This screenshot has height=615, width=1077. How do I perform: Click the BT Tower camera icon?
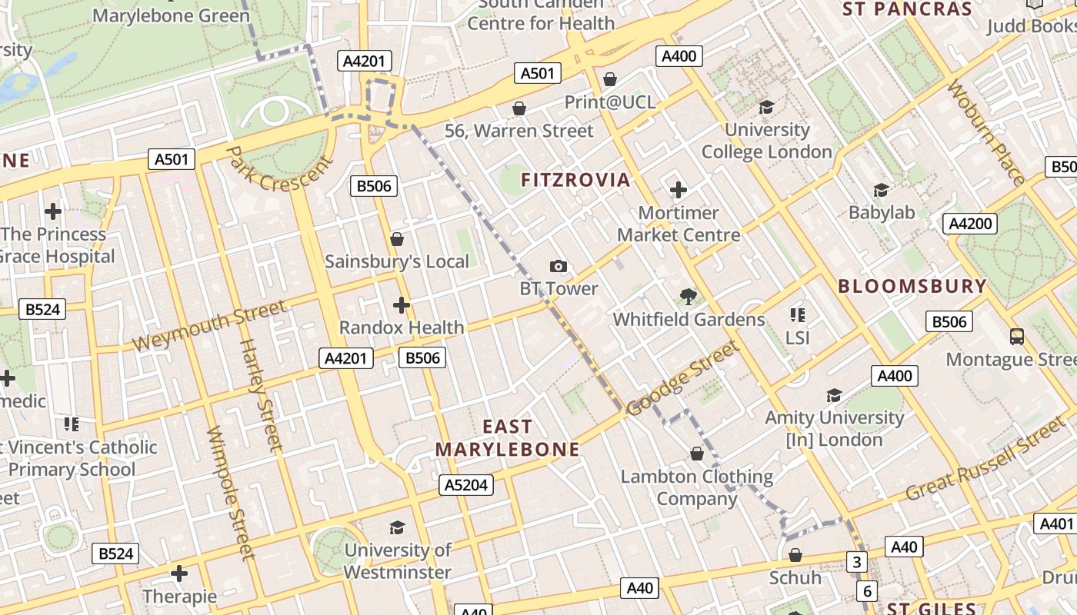(559, 267)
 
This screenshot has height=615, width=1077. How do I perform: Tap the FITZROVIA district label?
(575, 180)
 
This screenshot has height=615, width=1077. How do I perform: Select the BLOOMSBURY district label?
(912, 286)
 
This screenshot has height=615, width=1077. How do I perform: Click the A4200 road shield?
(970, 224)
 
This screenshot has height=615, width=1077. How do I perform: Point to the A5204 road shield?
(466, 485)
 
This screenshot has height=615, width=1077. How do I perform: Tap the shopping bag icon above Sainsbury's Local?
(397, 239)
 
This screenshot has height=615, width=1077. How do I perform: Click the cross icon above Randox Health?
(401, 305)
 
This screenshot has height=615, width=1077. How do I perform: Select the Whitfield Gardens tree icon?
(688, 297)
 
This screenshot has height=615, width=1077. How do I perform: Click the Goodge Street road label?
(683, 377)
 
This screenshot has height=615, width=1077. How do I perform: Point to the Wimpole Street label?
(231, 492)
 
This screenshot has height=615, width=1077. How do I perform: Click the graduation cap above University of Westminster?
(397, 527)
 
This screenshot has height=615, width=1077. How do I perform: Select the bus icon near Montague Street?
(1016, 336)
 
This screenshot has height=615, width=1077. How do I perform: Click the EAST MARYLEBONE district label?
(507, 437)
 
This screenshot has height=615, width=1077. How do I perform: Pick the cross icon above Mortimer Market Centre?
(678, 189)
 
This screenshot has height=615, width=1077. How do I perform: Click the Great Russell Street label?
(987, 459)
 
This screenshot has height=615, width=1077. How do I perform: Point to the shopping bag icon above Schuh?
(795, 555)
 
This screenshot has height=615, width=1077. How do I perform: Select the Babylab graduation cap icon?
(881, 190)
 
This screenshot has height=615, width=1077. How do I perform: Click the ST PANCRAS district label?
(907, 9)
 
